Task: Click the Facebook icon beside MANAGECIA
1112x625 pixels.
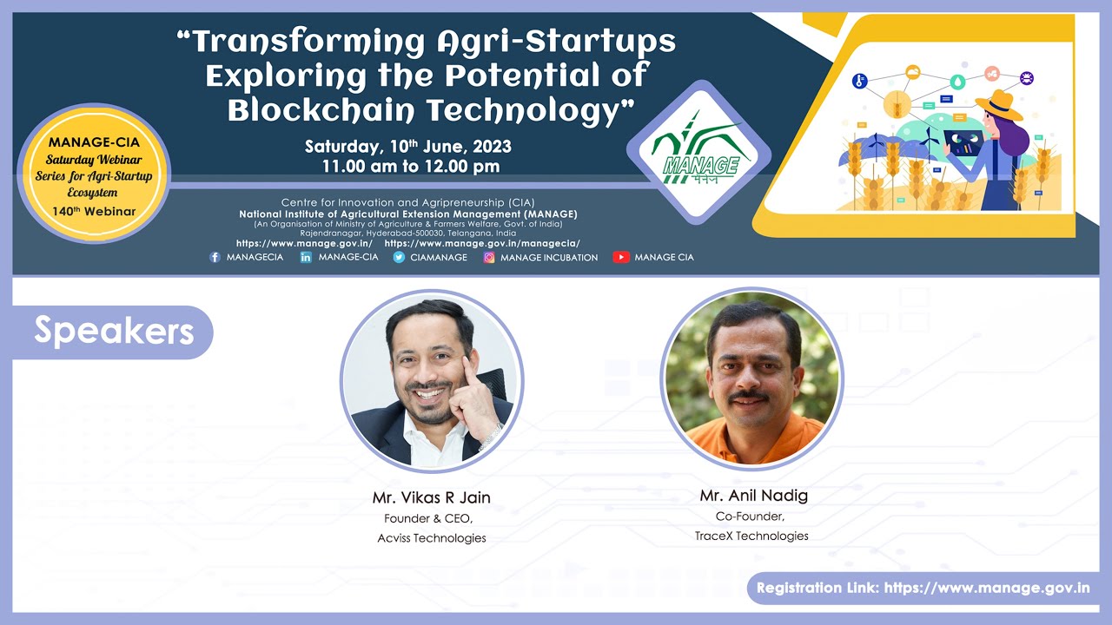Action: [x=215, y=257]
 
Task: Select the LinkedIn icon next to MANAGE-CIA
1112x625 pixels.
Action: [x=306, y=257]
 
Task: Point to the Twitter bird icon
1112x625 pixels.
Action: [x=399, y=257]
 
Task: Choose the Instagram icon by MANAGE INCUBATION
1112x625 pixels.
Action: [x=489, y=257]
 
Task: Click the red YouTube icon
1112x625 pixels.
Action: [x=620, y=257]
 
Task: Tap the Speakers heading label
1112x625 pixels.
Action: [x=113, y=331]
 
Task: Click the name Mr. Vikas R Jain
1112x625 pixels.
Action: [x=431, y=497]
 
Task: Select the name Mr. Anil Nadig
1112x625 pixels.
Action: [x=753, y=496]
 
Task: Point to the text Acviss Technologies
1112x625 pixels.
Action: [x=431, y=538]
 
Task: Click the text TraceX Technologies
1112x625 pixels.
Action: [x=751, y=536]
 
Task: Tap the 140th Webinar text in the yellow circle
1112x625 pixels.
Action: [x=94, y=211]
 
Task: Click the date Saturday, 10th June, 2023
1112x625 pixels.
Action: [x=407, y=147]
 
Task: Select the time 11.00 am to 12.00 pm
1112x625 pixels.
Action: [x=410, y=167]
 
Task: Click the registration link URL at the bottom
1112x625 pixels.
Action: [x=987, y=588]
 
